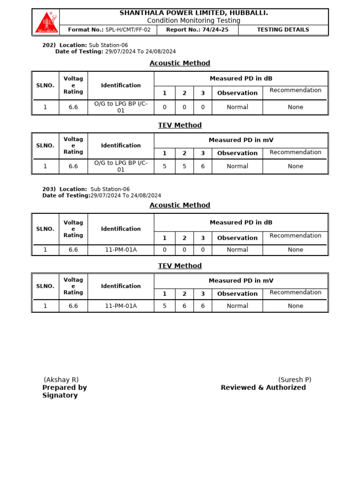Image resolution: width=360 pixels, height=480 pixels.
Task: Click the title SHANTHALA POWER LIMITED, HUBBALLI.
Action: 194,13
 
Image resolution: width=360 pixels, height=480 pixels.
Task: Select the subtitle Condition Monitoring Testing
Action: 194,21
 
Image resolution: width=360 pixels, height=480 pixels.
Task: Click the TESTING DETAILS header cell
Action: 283,30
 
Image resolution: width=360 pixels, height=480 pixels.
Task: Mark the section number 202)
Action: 49,45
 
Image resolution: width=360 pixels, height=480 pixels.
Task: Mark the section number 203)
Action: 49,189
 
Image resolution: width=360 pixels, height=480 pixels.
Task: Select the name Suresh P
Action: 294,380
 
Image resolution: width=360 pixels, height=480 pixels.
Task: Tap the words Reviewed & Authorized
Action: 263,388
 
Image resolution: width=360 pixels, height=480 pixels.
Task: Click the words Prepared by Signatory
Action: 64,391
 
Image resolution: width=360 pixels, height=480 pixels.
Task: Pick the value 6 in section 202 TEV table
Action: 202,166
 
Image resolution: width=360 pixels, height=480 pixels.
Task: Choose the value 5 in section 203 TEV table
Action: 165,306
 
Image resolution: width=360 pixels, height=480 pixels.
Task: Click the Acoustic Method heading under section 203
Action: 180,205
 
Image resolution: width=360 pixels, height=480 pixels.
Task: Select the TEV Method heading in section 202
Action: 180,125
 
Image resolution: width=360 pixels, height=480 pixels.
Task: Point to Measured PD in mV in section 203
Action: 241,281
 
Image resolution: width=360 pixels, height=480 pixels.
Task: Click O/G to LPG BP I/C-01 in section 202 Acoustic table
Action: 121,107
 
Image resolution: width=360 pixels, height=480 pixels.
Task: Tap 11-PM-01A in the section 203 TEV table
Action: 121,306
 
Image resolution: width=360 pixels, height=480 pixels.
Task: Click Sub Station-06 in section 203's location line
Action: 110,189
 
